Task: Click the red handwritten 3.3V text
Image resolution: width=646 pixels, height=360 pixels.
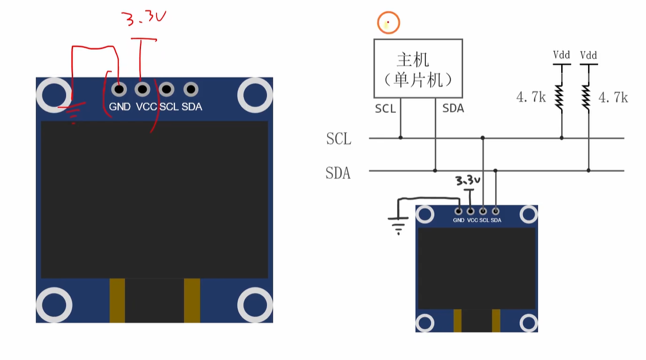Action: pos(143,18)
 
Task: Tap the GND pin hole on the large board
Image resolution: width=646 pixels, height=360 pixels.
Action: pos(119,89)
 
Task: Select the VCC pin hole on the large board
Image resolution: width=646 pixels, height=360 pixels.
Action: pos(143,89)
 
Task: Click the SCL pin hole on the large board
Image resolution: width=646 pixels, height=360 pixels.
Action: pos(166,89)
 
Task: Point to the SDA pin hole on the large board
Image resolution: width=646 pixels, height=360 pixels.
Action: pos(191,89)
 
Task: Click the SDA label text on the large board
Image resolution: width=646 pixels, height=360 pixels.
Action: pos(192,107)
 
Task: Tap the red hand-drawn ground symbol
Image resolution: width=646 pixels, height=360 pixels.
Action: pos(73,113)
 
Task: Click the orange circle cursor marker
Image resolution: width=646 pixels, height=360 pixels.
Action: pos(388,23)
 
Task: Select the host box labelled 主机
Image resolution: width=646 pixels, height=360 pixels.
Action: pos(418,68)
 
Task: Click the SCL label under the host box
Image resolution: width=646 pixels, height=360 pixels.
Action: pos(386,109)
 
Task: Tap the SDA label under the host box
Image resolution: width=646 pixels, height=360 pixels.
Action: pos(453,108)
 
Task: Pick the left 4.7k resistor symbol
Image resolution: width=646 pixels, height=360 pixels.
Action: pos(559,97)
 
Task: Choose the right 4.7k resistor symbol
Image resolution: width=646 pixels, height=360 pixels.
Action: pos(586,97)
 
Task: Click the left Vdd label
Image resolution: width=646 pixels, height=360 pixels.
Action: pos(562,55)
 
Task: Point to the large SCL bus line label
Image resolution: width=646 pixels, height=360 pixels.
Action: pos(339,139)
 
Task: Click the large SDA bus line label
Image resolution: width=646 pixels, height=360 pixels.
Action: pos(338,173)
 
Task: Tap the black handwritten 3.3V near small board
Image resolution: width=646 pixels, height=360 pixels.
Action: pos(468,181)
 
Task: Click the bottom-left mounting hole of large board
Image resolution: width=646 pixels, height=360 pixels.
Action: pos(55,305)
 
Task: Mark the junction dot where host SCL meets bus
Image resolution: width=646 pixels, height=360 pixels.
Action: pos(400,138)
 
